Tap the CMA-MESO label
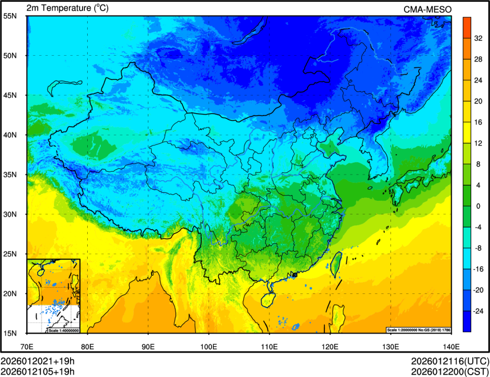[427, 9]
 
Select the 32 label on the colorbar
[477, 39]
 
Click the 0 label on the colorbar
[477, 206]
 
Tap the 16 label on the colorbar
[477, 122]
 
